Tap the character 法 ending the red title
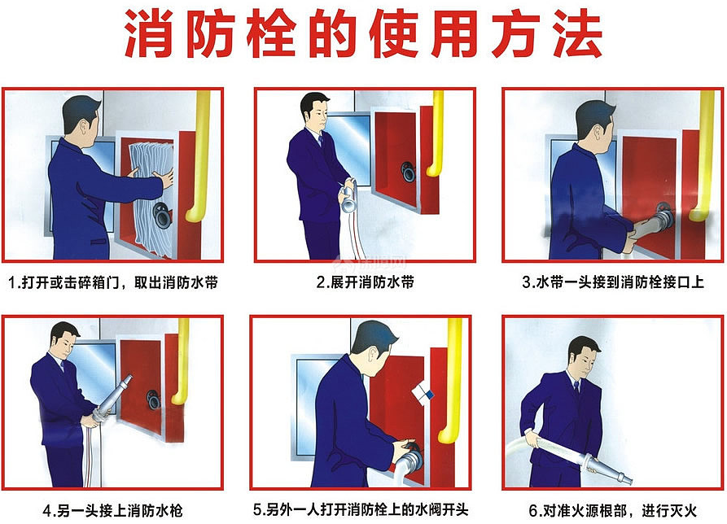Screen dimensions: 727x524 click(578, 33)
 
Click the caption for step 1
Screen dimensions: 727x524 click(113, 282)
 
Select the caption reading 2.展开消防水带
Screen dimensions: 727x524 click(366, 282)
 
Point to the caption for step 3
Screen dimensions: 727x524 click(613, 282)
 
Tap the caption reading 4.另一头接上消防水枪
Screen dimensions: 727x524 click(112, 510)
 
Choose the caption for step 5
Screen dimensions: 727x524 click(361, 509)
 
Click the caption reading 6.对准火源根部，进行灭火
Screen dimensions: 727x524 click(613, 510)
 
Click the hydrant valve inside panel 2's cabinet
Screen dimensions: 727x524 click(408, 172)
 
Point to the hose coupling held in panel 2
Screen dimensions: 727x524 click(348, 197)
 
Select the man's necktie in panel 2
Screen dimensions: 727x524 click(321, 140)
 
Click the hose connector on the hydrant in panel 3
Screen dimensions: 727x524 click(662, 218)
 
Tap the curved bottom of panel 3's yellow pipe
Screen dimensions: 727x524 click(699, 213)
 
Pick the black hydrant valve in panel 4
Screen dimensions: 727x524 click(153, 400)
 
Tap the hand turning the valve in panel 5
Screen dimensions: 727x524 click(403, 448)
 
